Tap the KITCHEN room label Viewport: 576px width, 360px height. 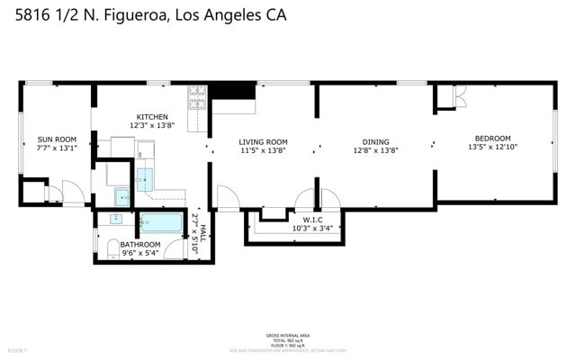(151, 117)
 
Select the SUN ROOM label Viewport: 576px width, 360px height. (57, 139)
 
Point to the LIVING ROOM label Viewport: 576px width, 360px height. (263, 141)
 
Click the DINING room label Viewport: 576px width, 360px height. (375, 141)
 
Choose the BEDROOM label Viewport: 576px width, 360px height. (492, 138)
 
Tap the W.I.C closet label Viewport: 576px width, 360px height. (312, 219)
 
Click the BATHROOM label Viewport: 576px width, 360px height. (140, 244)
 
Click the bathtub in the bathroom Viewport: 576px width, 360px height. (162, 223)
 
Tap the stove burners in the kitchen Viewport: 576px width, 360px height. (196, 96)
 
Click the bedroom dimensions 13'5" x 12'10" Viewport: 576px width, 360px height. (492, 147)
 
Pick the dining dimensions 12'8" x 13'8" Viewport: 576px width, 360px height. (375, 150)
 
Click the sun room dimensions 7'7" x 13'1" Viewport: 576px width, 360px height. (57, 149)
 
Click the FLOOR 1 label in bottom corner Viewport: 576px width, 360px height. (18, 349)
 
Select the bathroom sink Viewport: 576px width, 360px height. (116, 219)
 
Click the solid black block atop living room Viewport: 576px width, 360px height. (233, 91)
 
